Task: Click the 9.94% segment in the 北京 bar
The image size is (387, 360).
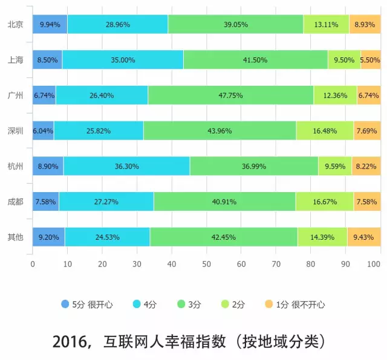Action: point(50,25)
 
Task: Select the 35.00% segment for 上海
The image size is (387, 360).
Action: point(123,60)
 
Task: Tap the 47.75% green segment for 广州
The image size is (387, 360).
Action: point(230,95)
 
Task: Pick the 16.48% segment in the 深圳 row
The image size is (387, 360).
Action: point(325,130)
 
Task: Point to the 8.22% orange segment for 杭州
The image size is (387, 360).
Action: point(366,166)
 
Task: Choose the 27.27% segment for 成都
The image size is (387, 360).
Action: point(106,201)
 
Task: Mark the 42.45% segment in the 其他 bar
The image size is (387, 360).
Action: point(224,237)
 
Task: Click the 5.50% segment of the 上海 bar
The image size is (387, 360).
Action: point(371,60)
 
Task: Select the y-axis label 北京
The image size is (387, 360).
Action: point(15,25)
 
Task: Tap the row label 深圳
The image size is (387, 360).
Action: point(15,130)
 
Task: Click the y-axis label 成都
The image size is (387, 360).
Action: point(15,201)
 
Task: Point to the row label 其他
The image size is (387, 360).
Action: point(15,237)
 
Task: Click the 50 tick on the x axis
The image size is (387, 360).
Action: point(206,264)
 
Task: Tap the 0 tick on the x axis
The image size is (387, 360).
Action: point(33,264)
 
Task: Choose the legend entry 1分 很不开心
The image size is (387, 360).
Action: point(300,304)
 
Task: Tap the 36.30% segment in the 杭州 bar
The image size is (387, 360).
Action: point(126,166)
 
